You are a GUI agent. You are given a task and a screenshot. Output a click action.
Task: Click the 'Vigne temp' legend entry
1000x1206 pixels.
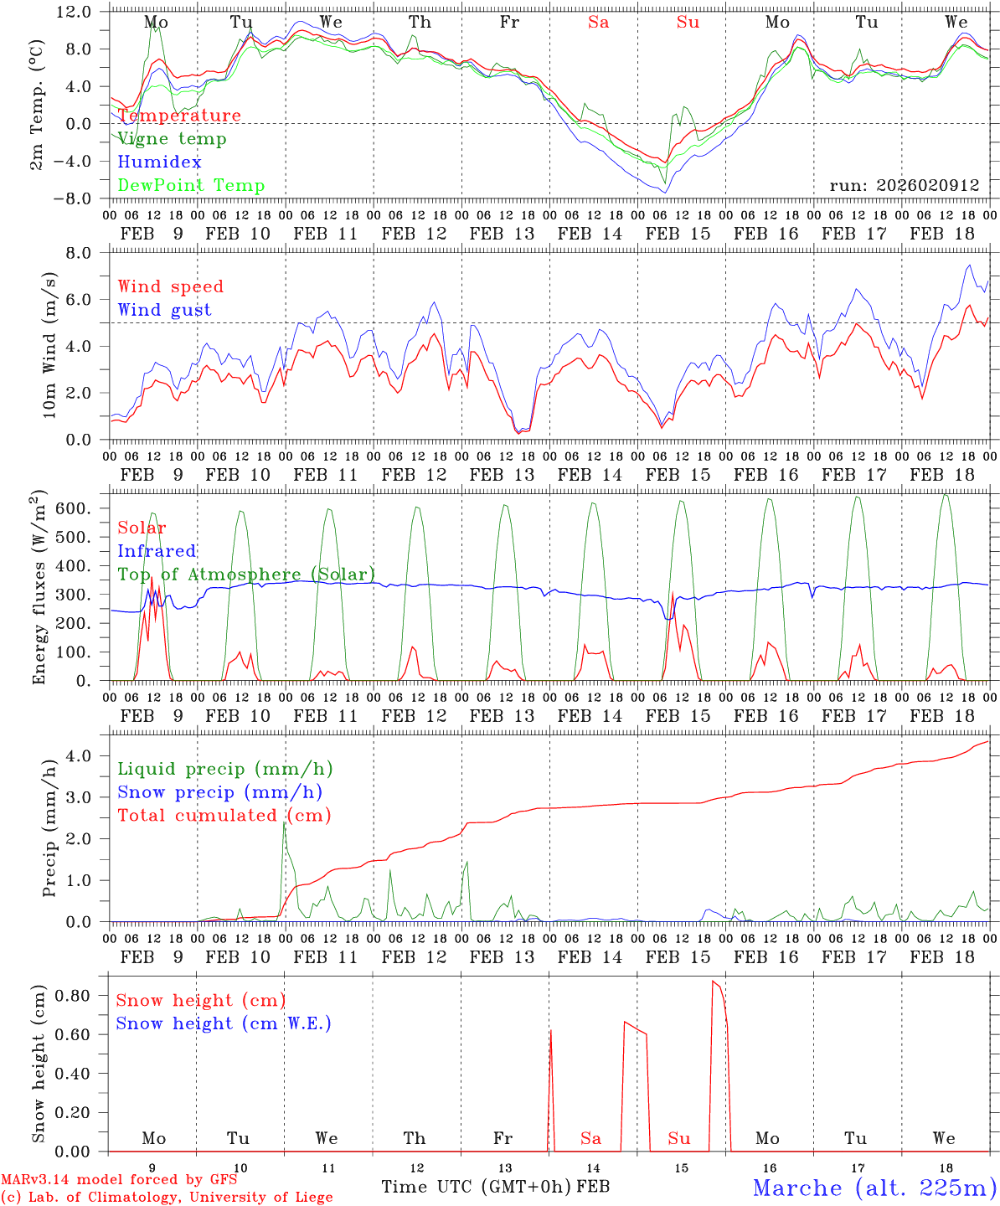click(x=172, y=139)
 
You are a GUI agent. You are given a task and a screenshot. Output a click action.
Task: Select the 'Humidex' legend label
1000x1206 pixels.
click(x=159, y=162)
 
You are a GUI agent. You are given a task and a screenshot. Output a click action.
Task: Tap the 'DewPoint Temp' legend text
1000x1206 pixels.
click(x=191, y=186)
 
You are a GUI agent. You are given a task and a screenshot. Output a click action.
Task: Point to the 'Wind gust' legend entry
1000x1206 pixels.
click(x=164, y=310)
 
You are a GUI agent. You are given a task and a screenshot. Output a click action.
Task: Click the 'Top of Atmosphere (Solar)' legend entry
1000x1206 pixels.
click(x=246, y=575)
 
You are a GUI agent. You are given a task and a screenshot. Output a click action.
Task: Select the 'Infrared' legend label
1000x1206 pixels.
click(x=157, y=551)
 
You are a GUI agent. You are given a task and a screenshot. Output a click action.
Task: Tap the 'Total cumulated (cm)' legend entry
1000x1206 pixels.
click(x=224, y=816)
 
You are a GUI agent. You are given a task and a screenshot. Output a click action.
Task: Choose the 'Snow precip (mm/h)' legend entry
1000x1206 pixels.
click(x=219, y=792)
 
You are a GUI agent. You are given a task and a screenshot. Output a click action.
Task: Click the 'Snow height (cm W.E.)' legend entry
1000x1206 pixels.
click(x=224, y=1023)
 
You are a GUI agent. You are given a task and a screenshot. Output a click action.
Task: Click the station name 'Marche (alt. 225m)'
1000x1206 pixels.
click(x=874, y=1188)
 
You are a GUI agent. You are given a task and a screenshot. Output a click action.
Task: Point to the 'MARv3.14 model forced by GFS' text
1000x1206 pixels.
click(x=119, y=1180)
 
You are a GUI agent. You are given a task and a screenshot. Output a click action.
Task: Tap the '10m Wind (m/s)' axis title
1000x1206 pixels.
click(x=49, y=345)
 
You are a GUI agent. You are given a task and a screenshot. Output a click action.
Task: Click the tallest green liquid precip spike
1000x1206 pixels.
click(x=284, y=823)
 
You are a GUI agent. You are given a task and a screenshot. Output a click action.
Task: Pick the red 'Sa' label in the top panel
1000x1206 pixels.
click(x=598, y=23)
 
